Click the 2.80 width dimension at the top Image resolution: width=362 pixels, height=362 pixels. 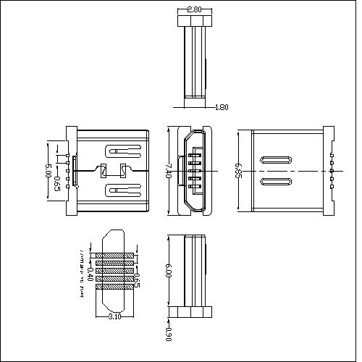click(194, 10)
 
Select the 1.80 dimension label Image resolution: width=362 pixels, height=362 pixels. click(222, 107)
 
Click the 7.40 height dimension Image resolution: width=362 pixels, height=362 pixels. click(169, 171)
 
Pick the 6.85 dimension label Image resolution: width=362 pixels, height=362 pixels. click(237, 171)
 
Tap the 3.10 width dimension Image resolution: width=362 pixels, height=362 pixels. click(114, 316)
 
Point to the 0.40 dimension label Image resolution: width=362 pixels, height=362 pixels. click(90, 274)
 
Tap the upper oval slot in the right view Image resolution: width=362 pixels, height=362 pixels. click(277, 160)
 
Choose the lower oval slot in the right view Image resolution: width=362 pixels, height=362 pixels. click(277, 182)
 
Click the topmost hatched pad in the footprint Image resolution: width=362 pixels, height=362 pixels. click(114, 255)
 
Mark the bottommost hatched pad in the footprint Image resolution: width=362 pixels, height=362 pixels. click(114, 286)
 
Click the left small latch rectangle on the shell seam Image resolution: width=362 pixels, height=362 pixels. click(103, 171)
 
